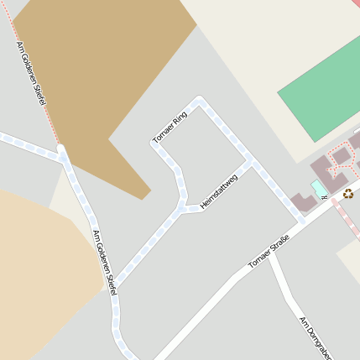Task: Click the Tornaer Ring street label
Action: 170,127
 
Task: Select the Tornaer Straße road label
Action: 269,253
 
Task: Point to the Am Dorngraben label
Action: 311,337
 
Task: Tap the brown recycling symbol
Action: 348,193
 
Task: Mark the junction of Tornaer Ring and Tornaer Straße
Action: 301,222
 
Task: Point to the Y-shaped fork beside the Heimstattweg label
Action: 181,207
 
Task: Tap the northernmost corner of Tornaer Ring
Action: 200,101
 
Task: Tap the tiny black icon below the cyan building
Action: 325,197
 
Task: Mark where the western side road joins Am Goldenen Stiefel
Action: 62,154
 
